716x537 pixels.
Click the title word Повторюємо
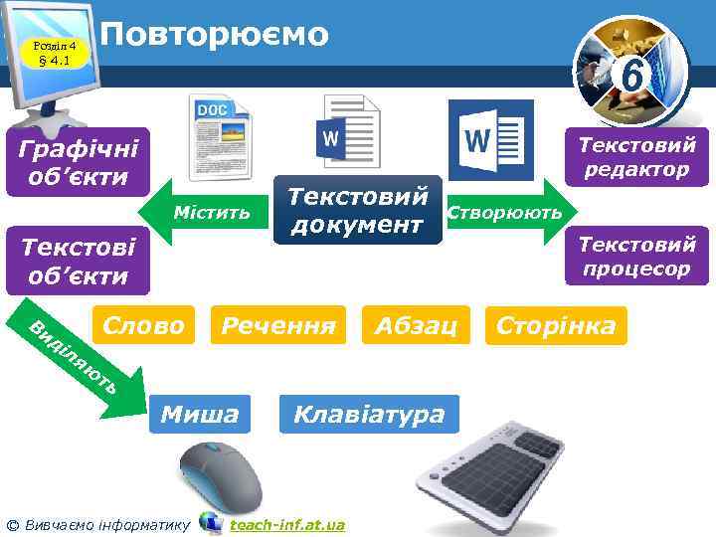click(215, 35)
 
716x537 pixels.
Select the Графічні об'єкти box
click(78, 161)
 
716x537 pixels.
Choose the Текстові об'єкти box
click(78, 261)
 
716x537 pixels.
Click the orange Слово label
click(143, 325)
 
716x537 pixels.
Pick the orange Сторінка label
click(556, 325)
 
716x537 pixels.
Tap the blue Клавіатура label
click(369, 413)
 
